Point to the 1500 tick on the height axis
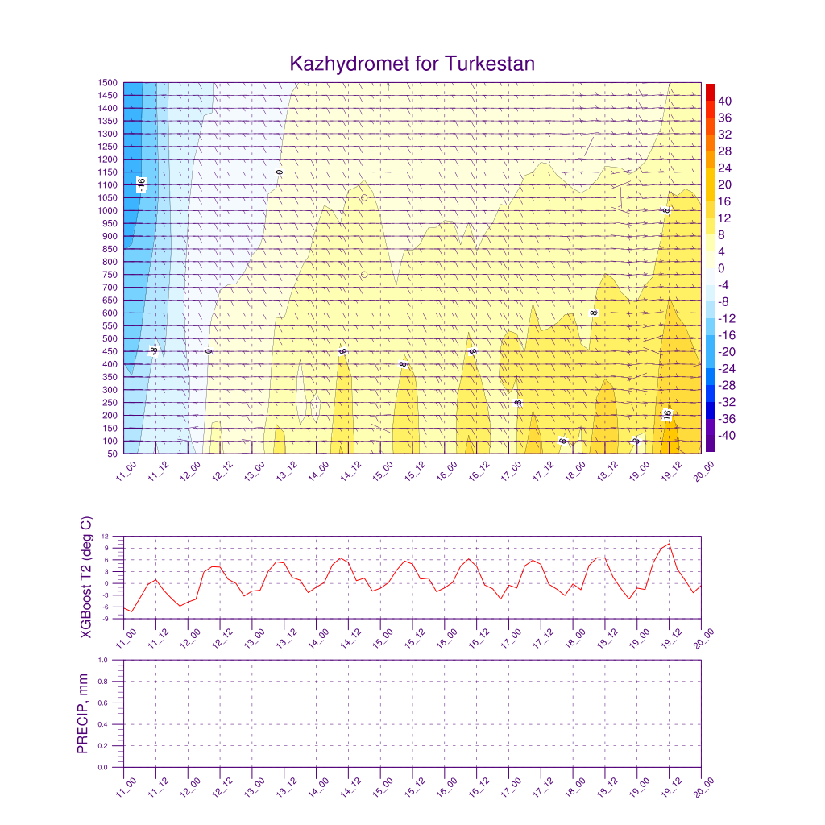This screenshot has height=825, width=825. pyautogui.click(x=107, y=82)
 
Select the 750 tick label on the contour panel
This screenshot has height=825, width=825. pyautogui.click(x=110, y=275)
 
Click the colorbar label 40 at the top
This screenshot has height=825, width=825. pyautogui.click(x=726, y=101)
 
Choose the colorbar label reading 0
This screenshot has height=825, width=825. pyautogui.click(x=722, y=268)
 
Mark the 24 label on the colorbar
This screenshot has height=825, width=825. pyautogui.click(x=725, y=168)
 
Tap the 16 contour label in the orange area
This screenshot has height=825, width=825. pyautogui.click(x=667, y=415)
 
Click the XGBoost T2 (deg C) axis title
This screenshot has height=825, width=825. pyautogui.click(x=86, y=575)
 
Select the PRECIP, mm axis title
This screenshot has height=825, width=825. pyautogui.click(x=83, y=713)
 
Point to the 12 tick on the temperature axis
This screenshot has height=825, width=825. pyautogui.click(x=106, y=536)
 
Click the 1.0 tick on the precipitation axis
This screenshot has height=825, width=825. pyautogui.click(x=104, y=659)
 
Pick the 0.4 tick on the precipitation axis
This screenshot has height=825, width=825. pyautogui.click(x=104, y=724)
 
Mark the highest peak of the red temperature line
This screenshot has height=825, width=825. pyautogui.click(x=669, y=544)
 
